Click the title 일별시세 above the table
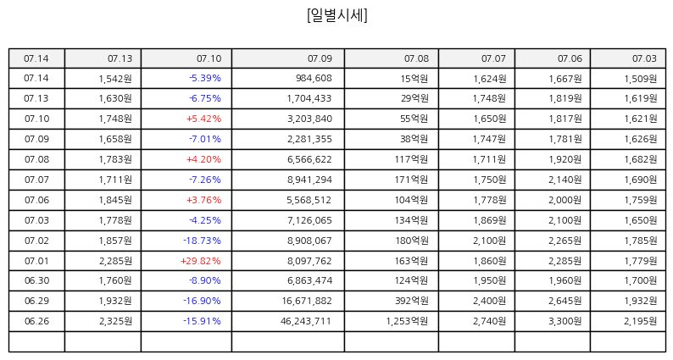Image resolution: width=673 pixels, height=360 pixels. tap(337, 15)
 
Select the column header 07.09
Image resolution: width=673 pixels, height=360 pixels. tap(320, 58)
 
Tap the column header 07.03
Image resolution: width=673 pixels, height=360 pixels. tap(644, 58)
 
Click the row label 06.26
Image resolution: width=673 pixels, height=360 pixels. tap(36, 321)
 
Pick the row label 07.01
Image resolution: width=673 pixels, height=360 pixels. tap(36, 261)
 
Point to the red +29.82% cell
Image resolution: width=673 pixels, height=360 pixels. tap(201, 261)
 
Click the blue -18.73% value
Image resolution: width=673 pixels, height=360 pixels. tap(203, 241)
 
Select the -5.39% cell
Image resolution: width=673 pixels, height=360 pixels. tap(205, 78)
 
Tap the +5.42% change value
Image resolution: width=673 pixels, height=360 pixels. tap(204, 119)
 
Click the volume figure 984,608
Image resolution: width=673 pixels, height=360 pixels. tap(314, 78)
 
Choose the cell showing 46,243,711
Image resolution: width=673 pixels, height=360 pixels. tap(306, 321)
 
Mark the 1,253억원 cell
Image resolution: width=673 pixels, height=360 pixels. tap(407, 321)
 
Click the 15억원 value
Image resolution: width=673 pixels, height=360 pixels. tap(414, 78)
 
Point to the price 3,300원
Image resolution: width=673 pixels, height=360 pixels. tap(565, 321)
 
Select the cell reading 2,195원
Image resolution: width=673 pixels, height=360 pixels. tap(641, 321)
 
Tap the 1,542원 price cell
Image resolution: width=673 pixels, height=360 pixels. tap(115, 78)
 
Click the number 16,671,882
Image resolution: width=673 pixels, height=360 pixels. tap(307, 301)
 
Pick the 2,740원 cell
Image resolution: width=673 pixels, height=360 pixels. tap(489, 321)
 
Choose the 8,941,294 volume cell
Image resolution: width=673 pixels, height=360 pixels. tap(309, 180)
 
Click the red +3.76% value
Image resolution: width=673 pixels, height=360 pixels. tap(204, 200)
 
